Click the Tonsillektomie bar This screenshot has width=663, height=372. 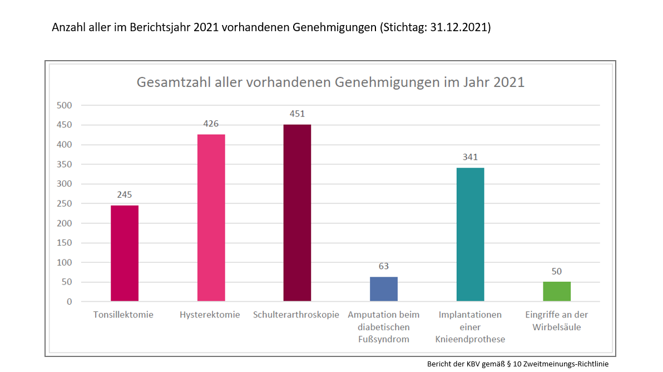coord(125,253)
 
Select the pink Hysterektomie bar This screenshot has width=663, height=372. coord(211,218)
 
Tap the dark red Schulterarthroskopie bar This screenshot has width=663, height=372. coord(297,213)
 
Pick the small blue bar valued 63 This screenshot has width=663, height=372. coord(384,289)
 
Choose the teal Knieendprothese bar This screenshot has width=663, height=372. coord(470,234)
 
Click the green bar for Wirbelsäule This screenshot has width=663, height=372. coord(557,291)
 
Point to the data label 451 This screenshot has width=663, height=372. coord(297,114)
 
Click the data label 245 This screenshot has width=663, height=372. coord(125,195)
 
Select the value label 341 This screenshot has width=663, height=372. coord(470,157)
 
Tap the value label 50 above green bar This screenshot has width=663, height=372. coord(557,271)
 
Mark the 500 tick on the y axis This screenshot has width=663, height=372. coord(65,105)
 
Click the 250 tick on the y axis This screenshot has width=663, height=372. coord(65,203)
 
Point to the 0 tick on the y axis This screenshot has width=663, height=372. coord(70,302)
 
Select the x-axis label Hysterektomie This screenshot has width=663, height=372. coord(210,315)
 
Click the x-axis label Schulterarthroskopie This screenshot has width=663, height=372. coord(296,315)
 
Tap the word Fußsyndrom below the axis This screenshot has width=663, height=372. coord(384,339)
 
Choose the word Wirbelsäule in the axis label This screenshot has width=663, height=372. coord(557,327)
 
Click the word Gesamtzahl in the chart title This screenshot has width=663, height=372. coord(170,82)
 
